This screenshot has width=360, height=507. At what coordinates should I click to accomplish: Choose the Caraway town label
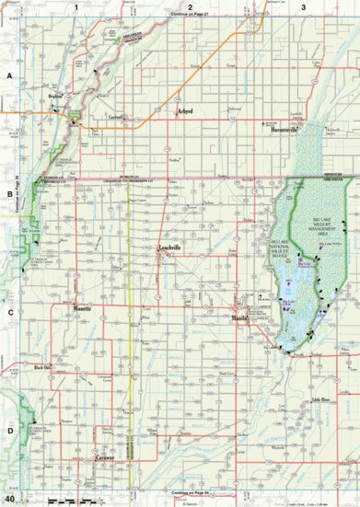pos(110,456)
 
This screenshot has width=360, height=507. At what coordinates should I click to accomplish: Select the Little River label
pos(319,401)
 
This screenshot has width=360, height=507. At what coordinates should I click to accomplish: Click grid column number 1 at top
pos(75,6)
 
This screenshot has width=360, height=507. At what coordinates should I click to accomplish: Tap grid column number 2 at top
pos(190,6)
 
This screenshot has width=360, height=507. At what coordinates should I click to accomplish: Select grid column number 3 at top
pos(304,6)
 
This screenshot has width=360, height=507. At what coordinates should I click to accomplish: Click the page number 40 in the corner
pos(9,499)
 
